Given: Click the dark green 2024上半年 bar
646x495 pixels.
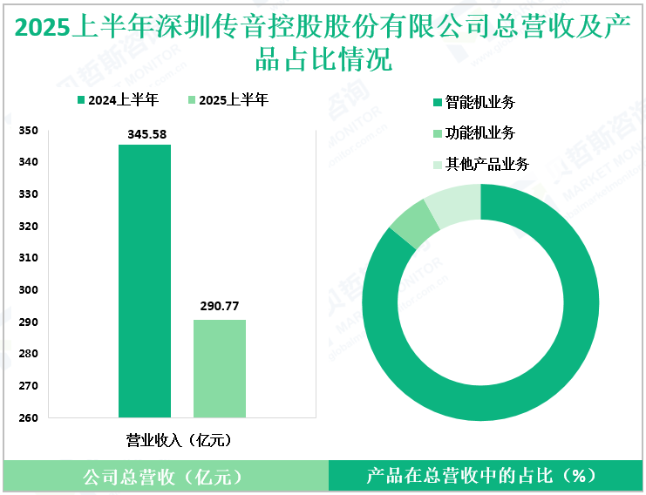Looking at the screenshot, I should (145, 281).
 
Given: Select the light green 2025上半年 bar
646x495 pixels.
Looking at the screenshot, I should (219, 369).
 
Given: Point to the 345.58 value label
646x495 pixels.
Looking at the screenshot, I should (145, 133).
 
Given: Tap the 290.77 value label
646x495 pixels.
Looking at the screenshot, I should (219, 307).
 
